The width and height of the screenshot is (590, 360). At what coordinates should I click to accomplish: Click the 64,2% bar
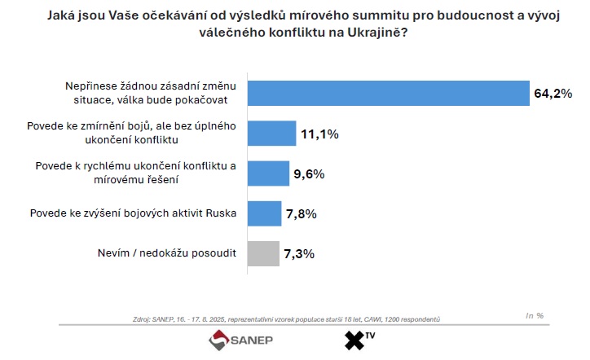387,93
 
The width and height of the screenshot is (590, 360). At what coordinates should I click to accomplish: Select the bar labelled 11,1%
271,133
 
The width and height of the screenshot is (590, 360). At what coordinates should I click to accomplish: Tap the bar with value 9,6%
267,173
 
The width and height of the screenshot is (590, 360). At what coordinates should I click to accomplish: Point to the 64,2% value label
554,94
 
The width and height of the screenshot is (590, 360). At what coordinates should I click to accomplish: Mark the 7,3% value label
297,254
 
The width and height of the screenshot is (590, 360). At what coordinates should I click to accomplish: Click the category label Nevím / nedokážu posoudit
166,253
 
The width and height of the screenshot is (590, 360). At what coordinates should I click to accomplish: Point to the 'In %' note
535,314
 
